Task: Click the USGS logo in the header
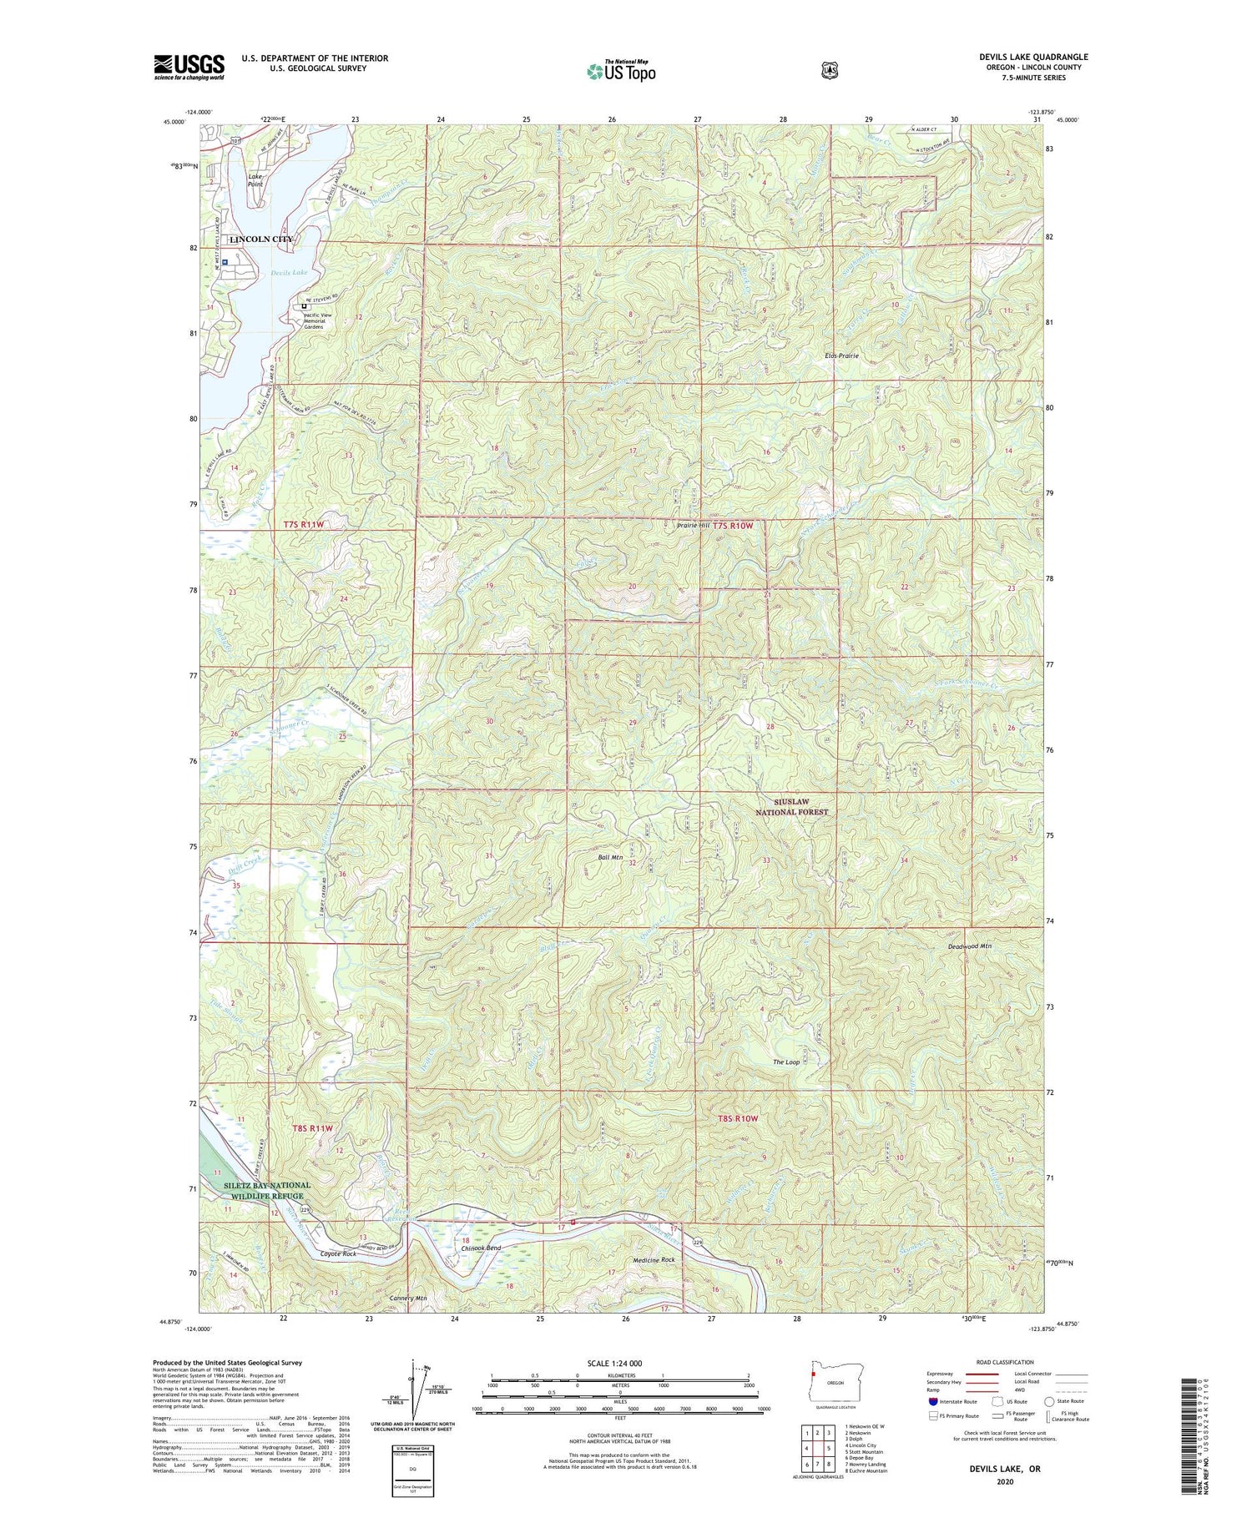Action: pyautogui.click(x=189, y=67)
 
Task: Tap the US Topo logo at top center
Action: pyautogui.click(x=621, y=71)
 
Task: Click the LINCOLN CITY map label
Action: pyautogui.click(x=261, y=239)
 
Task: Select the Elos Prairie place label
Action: pyautogui.click(x=841, y=356)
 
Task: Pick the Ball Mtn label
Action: pyautogui.click(x=611, y=857)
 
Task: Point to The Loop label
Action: pyautogui.click(x=786, y=1062)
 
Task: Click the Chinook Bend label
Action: pyautogui.click(x=482, y=1248)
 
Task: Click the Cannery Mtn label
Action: pyautogui.click(x=408, y=1299)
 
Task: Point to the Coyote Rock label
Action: pyautogui.click(x=337, y=1254)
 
